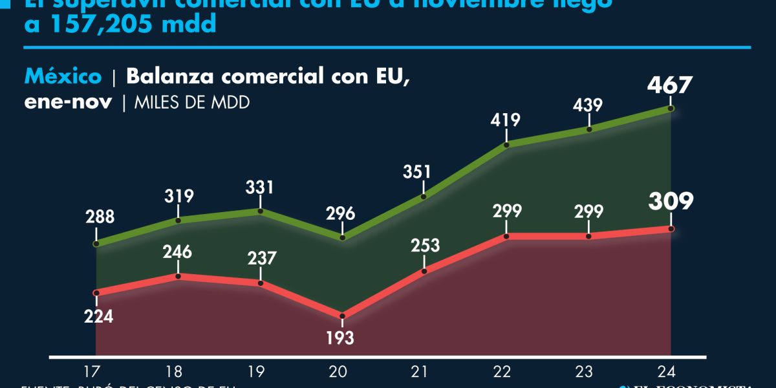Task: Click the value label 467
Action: (x=671, y=86)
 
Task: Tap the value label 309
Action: (x=671, y=202)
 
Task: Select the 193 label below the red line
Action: (x=341, y=338)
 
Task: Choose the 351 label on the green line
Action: (x=424, y=173)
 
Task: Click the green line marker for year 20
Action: (x=343, y=238)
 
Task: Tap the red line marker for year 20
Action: (x=341, y=316)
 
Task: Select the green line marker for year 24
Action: (x=671, y=109)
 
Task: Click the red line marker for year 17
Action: (x=96, y=293)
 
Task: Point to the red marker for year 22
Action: (x=506, y=237)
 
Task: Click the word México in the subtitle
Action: (x=63, y=76)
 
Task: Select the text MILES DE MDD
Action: (x=191, y=103)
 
